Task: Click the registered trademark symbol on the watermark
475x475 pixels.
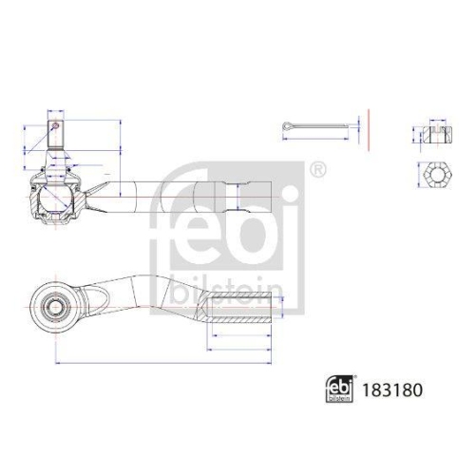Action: [317, 170]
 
